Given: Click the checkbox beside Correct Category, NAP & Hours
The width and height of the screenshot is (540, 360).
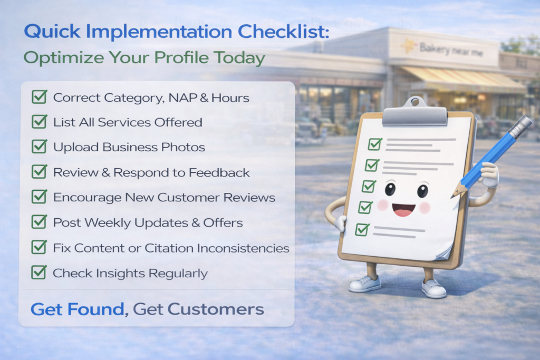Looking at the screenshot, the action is point(39,96).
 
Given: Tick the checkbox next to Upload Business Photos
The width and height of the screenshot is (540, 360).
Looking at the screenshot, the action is point(39,147).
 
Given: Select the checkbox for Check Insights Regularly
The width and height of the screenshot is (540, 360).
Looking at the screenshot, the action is point(39,272).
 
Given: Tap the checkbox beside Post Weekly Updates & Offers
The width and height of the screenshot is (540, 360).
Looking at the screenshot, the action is point(39,222).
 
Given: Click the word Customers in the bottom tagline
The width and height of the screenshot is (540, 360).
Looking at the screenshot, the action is point(216,309).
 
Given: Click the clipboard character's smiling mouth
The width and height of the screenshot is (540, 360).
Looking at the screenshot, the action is point(403,209).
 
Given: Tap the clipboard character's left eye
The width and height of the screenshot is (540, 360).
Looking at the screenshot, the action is point(390,189).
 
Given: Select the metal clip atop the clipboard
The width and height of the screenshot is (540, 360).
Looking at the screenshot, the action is point(415,113).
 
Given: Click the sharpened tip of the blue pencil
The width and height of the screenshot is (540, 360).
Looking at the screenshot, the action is point(452,197).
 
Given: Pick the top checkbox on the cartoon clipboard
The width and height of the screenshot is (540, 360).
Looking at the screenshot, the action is point(375,144).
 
